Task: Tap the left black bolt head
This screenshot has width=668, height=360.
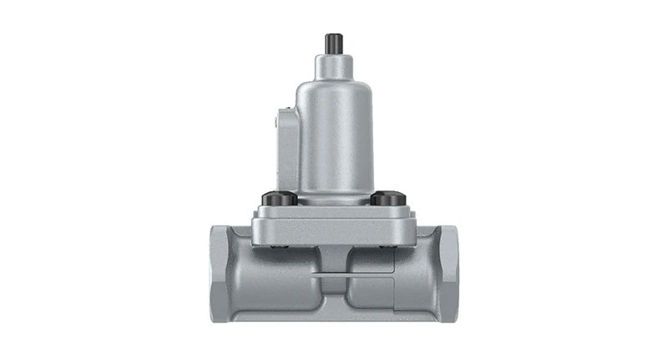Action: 278,199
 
